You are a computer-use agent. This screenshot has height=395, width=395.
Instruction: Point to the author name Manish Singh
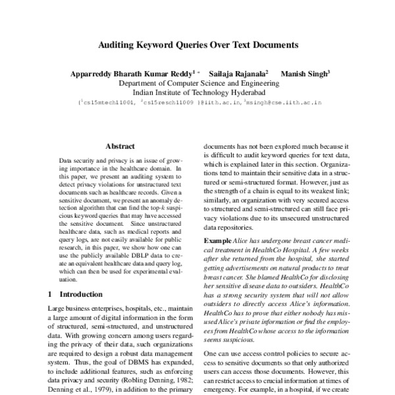pyautogui.click(x=300, y=74)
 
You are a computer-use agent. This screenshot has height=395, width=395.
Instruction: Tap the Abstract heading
pyautogui.click(x=120, y=146)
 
